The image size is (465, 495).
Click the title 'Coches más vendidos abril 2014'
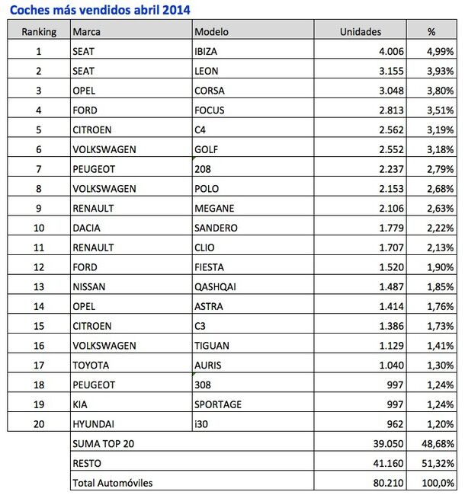coord(100,9)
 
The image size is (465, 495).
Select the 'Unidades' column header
coord(360,31)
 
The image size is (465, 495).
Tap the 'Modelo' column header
coord(211,31)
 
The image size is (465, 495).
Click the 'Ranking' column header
coord(39,31)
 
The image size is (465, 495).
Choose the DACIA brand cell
coord(88,228)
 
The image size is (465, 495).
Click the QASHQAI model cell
coord(217,286)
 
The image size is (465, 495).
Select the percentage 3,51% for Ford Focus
coord(441,110)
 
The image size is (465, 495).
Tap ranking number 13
coord(39,286)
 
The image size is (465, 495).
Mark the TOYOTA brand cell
coord(91,366)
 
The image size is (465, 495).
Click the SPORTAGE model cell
coord(219,404)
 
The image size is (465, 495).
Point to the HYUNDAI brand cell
coord(94,424)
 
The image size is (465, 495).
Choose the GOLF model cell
coord(207,149)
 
